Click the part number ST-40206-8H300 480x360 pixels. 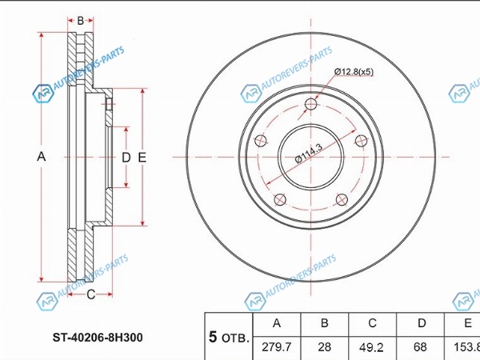point(98,338)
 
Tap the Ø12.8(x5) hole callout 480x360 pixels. point(354,72)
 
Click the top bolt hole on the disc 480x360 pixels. point(310,104)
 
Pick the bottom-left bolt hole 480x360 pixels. point(280,200)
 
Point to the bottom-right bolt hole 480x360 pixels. point(342,200)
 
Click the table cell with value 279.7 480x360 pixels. point(277,347)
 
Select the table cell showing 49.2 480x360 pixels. point(372,347)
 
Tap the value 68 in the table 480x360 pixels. point(420,347)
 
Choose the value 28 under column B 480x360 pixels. point(325,347)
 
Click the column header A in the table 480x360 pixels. point(277,323)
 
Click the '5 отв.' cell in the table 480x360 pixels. point(229,337)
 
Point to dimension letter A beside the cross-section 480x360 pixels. point(42,157)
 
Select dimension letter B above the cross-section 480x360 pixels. point(81,21)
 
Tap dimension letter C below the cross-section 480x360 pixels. point(91,294)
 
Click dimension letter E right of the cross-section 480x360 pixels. point(142,158)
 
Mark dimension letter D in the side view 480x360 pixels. point(126,158)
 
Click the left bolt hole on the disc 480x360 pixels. point(261,141)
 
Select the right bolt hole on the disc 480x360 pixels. point(362,141)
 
